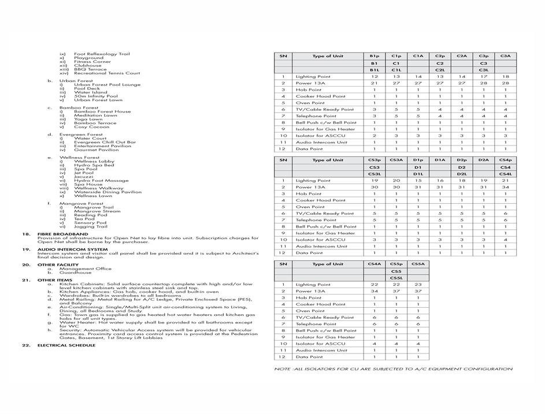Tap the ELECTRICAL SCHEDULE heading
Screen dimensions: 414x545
click(x=66, y=345)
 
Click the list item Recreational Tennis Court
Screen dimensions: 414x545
click(x=107, y=73)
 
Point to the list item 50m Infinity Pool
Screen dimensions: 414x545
click(x=95, y=96)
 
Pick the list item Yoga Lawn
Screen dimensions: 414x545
click(x=88, y=119)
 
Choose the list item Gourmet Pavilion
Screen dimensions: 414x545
click(x=97, y=150)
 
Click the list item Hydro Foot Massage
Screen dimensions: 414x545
click(x=101, y=181)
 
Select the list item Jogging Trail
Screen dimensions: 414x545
click(x=90, y=226)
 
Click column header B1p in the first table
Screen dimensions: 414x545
click(x=375, y=56)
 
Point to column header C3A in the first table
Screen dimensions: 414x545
click(x=505, y=56)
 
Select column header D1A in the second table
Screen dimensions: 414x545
click(x=440, y=160)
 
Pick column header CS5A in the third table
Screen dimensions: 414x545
click(x=418, y=264)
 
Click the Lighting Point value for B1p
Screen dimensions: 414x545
click(x=375, y=77)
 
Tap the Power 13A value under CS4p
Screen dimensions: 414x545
click(x=505, y=187)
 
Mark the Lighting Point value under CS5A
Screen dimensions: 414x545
click(x=418, y=285)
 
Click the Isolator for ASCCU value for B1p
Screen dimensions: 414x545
click(x=375, y=136)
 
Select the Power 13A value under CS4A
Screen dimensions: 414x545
click(x=375, y=291)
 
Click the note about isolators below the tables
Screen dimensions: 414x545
click(x=393, y=369)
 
